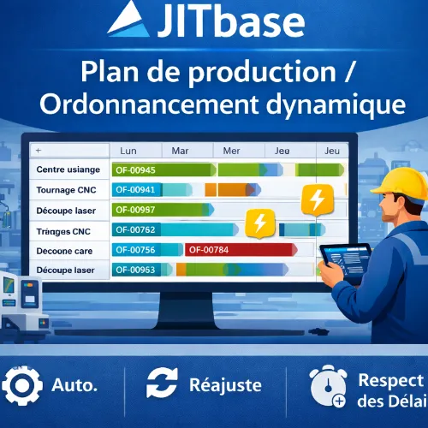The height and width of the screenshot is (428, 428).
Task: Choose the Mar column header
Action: [180, 150]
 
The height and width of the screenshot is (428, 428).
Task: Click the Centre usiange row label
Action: [68, 170]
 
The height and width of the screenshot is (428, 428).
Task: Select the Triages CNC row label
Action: [65, 229]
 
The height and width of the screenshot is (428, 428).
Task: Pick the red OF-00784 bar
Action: [218, 250]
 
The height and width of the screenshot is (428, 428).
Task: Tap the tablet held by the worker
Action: [344, 261]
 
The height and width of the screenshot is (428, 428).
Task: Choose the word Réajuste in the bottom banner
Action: [228, 385]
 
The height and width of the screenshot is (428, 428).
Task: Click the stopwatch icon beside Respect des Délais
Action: [328, 388]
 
